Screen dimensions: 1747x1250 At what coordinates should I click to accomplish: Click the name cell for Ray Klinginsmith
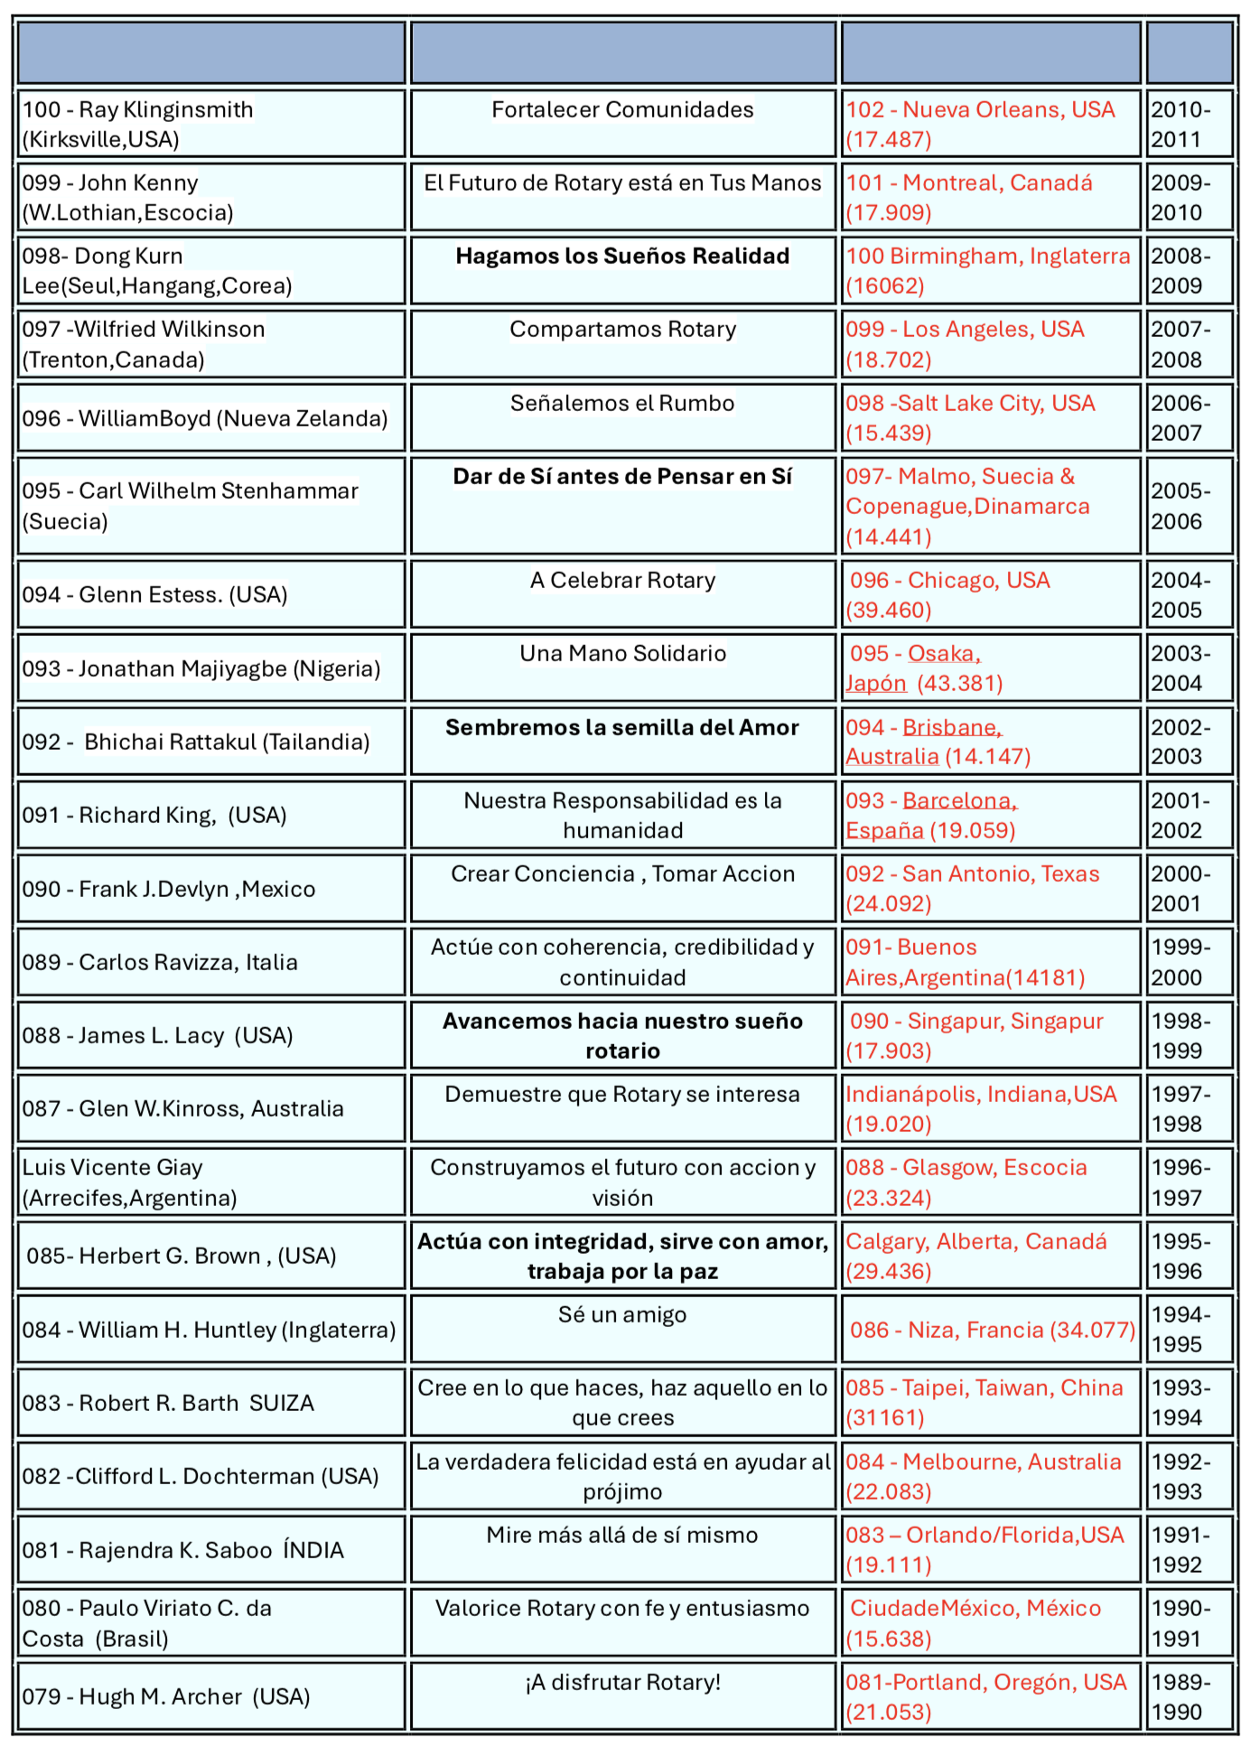(210, 124)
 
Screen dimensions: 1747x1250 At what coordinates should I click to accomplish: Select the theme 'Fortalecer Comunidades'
(622, 110)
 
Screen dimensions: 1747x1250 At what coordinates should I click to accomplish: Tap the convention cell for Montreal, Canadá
(990, 197)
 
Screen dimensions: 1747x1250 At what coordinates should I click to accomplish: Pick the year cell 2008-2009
(1189, 270)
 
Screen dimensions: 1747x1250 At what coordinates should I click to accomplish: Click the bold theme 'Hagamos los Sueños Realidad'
(622, 257)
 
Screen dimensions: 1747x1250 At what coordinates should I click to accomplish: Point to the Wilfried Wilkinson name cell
(210, 343)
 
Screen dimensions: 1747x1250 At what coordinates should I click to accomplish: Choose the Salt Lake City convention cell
(990, 417)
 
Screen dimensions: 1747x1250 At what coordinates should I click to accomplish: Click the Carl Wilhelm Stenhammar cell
(210, 505)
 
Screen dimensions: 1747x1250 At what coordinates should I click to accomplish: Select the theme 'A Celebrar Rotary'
(622, 581)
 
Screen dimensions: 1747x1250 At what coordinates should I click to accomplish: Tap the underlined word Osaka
(943, 654)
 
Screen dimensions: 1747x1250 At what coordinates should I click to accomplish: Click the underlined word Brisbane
(951, 728)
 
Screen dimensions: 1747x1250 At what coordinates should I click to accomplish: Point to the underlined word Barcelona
(959, 801)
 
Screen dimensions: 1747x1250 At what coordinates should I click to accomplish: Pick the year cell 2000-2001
(1189, 888)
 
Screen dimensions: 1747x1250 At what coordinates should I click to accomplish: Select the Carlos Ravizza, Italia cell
(210, 962)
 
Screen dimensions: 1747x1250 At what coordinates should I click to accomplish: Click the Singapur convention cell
(990, 1035)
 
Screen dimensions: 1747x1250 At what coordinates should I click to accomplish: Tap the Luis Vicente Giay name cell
(210, 1182)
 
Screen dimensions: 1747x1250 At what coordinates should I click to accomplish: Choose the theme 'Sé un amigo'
(622, 1315)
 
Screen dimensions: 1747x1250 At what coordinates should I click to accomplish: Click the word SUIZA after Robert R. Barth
(282, 1403)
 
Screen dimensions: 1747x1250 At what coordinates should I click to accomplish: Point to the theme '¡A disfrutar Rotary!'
(622, 1683)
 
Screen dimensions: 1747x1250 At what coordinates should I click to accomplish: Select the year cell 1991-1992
(1189, 1549)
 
